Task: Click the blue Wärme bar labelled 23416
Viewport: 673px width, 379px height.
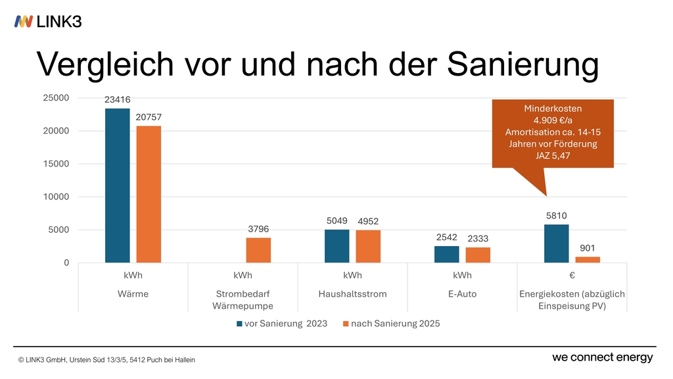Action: click(x=118, y=186)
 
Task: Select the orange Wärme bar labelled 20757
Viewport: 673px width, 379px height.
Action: click(x=149, y=194)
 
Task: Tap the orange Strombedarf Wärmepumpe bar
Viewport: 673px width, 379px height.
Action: click(x=258, y=250)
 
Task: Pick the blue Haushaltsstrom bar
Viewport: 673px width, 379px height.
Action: click(x=337, y=246)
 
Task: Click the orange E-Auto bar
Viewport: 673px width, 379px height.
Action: click(x=478, y=255)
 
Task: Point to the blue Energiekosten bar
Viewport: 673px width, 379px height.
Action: click(x=557, y=243)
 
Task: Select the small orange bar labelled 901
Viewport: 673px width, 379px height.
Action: click(x=588, y=260)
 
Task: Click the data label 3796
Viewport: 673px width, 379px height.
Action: click(x=258, y=229)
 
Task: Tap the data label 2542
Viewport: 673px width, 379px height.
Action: click(x=447, y=238)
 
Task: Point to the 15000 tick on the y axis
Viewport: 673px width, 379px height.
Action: click(x=56, y=164)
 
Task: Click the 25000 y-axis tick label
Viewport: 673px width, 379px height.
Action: click(x=56, y=98)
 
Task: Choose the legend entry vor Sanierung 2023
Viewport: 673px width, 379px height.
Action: click(x=281, y=324)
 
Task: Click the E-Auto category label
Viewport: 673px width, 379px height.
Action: click(x=462, y=294)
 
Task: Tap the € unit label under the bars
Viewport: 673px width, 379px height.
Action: click(x=572, y=276)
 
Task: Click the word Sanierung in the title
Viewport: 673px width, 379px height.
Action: click(x=524, y=64)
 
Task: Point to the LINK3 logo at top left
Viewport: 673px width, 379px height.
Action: click(x=48, y=21)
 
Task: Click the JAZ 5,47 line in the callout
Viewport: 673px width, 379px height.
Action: click(x=552, y=156)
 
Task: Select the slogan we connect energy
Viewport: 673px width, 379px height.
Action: click(x=602, y=357)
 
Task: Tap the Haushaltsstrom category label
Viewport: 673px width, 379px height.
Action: click(x=352, y=294)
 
